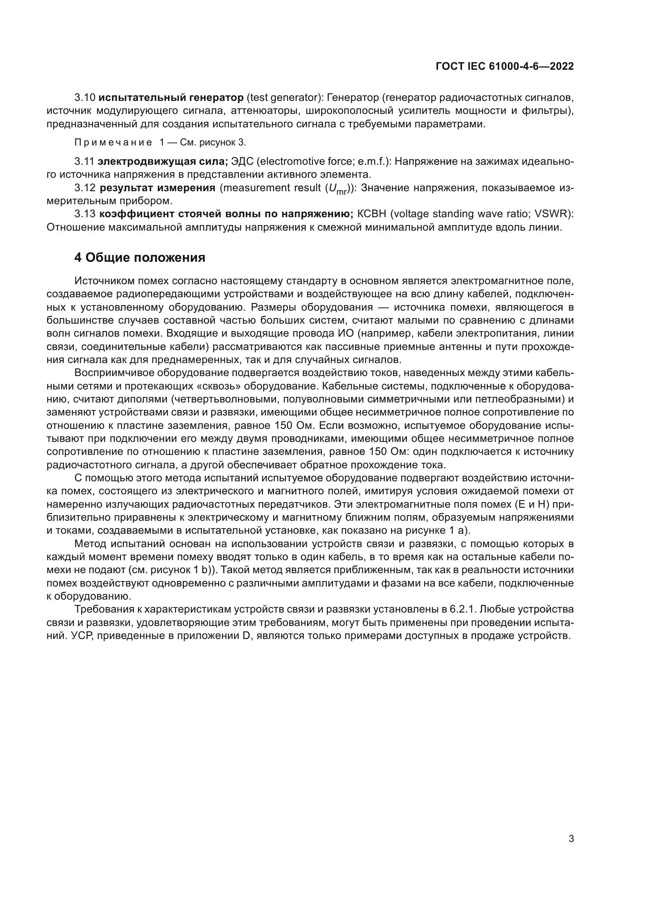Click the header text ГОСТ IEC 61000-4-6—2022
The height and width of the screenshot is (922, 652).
click(x=504, y=67)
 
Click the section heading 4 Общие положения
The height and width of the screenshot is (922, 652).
click(x=140, y=257)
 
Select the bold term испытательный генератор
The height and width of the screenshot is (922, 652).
click(x=171, y=98)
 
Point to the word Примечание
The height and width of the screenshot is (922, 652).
click(x=113, y=143)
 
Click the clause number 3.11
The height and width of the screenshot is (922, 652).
click(x=84, y=162)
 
